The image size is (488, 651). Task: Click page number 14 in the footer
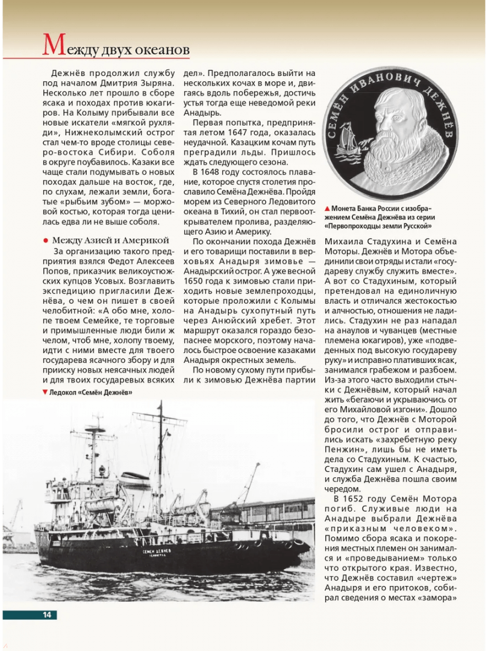(46, 615)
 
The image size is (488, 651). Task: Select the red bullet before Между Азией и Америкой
(45, 240)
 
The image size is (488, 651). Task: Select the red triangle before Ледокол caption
(45, 392)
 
